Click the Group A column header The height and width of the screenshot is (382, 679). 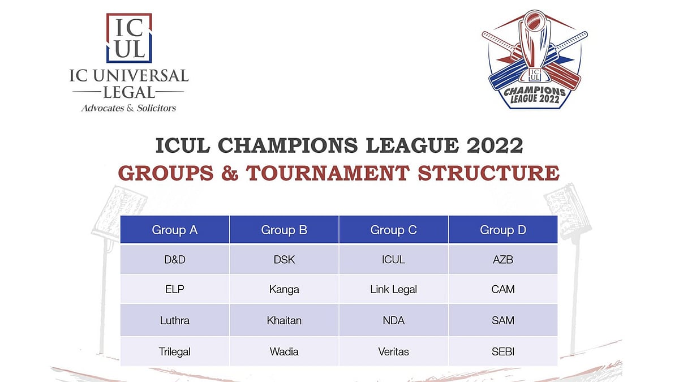(x=174, y=230)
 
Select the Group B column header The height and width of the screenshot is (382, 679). (x=284, y=230)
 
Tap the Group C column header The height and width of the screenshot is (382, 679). (x=393, y=230)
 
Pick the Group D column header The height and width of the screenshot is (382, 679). (x=503, y=230)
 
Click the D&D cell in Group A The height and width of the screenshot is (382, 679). (x=174, y=260)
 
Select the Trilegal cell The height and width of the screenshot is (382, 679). (x=174, y=351)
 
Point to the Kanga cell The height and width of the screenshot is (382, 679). (x=284, y=289)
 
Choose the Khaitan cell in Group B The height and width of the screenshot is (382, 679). (x=284, y=320)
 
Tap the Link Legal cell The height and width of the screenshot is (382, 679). (x=393, y=289)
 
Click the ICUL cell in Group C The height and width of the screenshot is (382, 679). (x=393, y=260)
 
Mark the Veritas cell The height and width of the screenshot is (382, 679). (x=393, y=351)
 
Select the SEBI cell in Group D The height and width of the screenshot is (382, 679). (x=503, y=351)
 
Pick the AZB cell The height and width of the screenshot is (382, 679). (x=503, y=260)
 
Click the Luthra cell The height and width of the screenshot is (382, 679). (x=174, y=320)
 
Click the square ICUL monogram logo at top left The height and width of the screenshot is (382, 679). (x=130, y=38)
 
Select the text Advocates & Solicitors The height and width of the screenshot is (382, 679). (x=129, y=108)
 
